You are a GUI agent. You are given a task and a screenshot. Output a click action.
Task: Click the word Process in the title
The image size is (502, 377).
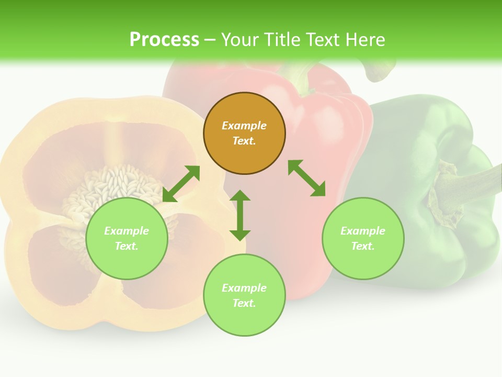(164, 40)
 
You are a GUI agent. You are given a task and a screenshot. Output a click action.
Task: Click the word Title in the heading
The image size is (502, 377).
(282, 40)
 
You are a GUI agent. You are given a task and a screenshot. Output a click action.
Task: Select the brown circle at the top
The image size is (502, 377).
(244, 134)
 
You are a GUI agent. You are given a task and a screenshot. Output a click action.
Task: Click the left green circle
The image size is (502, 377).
(127, 239)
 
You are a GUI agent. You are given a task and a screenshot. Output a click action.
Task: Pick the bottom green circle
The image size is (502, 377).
(244, 295)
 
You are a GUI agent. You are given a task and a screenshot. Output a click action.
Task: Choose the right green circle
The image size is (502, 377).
(363, 239)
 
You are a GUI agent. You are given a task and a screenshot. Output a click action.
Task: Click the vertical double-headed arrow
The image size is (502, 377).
(240, 215)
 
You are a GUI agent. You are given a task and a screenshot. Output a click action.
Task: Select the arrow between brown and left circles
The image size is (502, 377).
(181, 184)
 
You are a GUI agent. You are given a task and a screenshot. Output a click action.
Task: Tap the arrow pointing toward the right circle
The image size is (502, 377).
(306, 178)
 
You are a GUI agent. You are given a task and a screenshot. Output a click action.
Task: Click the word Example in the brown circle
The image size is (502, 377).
(244, 126)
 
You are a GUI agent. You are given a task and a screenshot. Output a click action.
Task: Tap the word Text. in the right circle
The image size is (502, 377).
(363, 246)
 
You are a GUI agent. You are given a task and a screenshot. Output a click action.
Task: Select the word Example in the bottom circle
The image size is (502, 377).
(244, 288)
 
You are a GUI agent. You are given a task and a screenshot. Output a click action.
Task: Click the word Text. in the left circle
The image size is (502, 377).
(127, 246)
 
